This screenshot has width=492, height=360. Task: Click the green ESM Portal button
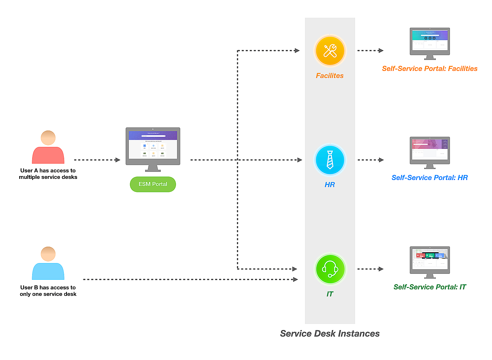153,184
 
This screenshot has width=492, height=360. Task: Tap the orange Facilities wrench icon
330,51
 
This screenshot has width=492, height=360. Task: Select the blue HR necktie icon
330,160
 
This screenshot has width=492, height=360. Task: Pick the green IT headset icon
330,269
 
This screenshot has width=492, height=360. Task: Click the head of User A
48,138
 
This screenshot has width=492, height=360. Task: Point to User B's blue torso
48,271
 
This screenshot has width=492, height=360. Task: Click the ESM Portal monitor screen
153,145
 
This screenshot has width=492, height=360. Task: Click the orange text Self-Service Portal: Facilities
430,69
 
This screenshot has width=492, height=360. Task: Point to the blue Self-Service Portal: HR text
430,178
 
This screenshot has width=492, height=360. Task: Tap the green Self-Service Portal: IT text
430,287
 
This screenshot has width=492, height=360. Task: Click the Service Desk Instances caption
330,333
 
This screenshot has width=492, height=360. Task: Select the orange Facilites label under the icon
330,76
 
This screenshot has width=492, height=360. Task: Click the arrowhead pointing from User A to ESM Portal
118,160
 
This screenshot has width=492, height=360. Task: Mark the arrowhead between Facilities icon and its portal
381,51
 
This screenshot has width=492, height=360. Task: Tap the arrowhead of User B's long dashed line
295,279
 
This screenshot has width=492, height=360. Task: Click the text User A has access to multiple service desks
48,174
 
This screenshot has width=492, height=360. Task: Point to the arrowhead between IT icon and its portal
381,269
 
